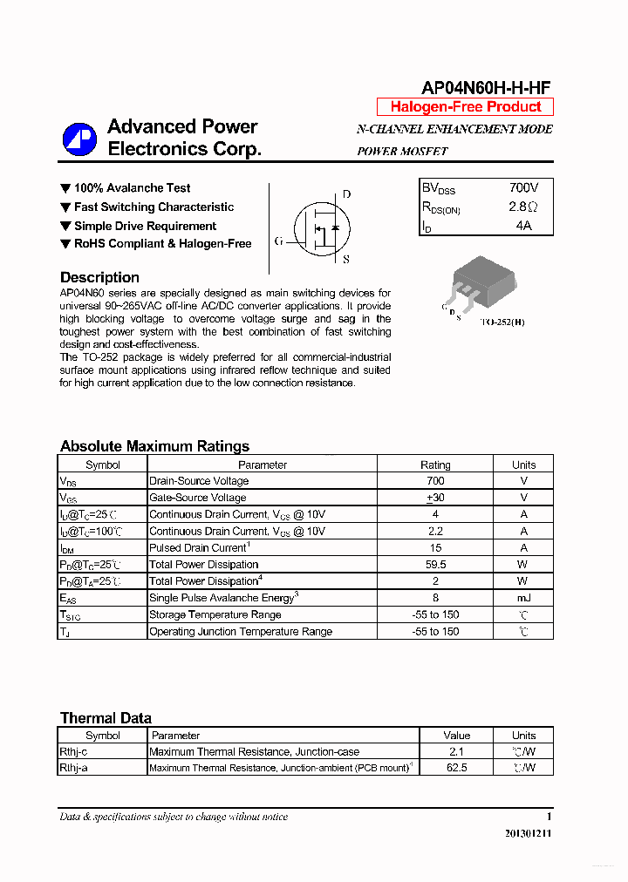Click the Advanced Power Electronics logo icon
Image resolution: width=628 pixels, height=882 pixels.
click(79, 139)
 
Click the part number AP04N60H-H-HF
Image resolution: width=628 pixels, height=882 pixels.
click(486, 87)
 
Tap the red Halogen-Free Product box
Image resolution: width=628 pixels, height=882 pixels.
click(465, 107)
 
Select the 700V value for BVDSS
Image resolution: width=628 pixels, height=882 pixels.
click(523, 188)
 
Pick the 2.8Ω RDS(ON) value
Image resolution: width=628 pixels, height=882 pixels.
click(522, 207)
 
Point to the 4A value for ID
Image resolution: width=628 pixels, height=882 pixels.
click(522, 226)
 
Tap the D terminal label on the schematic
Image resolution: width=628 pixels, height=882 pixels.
click(346, 194)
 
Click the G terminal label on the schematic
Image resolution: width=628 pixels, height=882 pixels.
click(278, 241)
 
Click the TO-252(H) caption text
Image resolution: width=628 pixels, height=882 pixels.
click(503, 322)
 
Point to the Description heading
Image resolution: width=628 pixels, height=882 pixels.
click(99, 277)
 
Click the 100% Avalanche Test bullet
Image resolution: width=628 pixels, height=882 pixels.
click(132, 188)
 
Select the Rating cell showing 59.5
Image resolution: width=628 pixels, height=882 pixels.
click(435, 565)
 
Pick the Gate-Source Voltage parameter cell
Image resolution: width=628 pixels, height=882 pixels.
click(198, 498)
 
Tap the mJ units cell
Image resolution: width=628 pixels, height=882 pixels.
click(523, 598)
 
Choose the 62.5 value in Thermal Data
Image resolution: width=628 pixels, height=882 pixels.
click(456, 768)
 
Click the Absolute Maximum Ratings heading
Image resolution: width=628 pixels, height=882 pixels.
click(154, 446)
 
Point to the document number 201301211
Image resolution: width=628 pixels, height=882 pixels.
click(528, 833)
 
